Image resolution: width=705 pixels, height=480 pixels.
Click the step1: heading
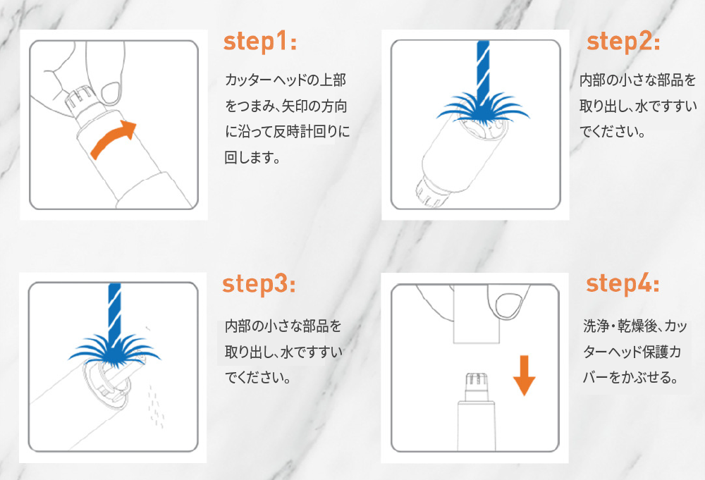[x=260, y=42]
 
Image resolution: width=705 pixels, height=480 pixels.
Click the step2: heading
[x=623, y=42]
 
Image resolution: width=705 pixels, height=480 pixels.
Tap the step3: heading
[x=259, y=284]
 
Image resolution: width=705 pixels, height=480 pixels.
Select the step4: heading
[x=623, y=284]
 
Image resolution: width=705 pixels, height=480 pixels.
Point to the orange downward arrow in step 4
[x=524, y=375]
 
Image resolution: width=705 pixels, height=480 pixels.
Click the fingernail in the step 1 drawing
[x=111, y=93]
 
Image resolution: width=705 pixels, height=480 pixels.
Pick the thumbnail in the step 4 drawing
[x=510, y=304]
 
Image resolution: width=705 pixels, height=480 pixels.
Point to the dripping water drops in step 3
[x=155, y=403]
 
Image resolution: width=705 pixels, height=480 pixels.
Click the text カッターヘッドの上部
[x=286, y=80]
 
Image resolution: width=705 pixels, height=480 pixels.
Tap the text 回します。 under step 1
[x=252, y=158]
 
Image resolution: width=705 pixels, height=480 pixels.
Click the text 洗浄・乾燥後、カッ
[x=635, y=326]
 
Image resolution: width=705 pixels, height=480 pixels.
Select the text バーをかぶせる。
[x=630, y=377]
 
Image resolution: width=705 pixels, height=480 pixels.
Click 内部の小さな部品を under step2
[x=637, y=80]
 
